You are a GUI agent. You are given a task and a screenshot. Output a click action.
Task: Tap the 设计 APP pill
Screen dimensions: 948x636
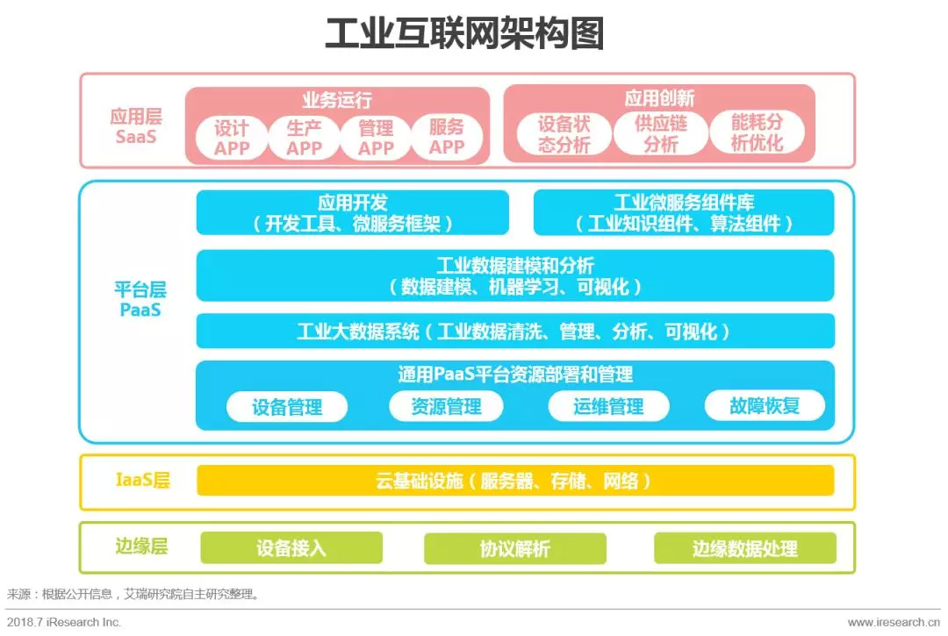click(232, 138)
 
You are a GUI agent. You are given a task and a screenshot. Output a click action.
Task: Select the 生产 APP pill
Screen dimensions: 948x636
click(304, 138)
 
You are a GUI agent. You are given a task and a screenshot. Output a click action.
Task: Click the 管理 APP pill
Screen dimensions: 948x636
click(376, 138)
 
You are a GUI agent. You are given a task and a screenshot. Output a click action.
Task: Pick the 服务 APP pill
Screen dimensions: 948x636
click(447, 138)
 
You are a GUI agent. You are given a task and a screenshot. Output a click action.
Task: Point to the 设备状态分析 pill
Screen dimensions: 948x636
click(564, 134)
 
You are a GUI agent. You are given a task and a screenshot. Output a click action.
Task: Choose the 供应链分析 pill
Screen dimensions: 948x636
click(660, 134)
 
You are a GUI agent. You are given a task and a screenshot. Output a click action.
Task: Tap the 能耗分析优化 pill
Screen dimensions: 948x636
click(757, 133)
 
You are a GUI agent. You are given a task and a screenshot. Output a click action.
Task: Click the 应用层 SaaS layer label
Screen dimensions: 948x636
click(136, 126)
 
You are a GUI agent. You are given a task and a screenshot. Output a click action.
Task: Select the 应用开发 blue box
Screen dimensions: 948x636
click(353, 212)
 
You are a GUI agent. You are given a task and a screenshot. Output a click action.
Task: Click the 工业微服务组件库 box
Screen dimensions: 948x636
click(684, 212)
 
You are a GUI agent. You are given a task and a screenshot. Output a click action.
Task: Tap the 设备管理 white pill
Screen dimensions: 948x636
click(287, 406)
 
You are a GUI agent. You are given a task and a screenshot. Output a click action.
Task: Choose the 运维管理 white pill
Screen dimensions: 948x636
click(608, 406)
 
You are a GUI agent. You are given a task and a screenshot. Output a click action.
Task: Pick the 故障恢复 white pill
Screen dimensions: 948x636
click(765, 405)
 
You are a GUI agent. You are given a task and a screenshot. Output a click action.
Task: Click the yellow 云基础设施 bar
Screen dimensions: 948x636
click(515, 481)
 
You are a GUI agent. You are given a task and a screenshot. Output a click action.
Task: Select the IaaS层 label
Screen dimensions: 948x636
click(142, 480)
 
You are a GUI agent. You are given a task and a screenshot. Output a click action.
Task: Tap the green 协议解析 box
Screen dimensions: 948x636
click(515, 548)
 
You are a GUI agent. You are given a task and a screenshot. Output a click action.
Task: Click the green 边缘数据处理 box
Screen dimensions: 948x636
click(744, 548)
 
